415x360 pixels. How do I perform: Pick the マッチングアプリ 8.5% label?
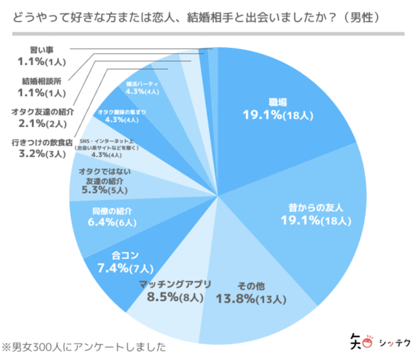pyautogui.click(x=171, y=292)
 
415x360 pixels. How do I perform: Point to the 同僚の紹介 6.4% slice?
pyautogui.click(x=104, y=217)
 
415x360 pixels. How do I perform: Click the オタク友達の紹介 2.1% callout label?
pyautogui.click(x=42, y=117)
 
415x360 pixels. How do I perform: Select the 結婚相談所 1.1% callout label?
pyautogui.click(x=42, y=88)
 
